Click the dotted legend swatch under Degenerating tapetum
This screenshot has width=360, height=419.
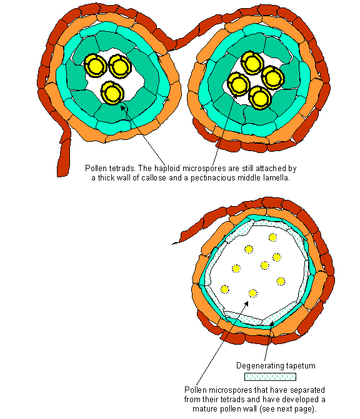(x=270, y=377)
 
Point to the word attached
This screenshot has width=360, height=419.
(x=271, y=169)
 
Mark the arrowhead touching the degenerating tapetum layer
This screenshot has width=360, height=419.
(x=271, y=324)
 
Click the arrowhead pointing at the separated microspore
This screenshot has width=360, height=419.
(x=246, y=304)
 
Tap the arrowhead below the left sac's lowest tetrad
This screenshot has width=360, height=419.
(x=123, y=107)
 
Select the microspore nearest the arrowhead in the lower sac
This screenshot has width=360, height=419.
(x=252, y=293)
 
